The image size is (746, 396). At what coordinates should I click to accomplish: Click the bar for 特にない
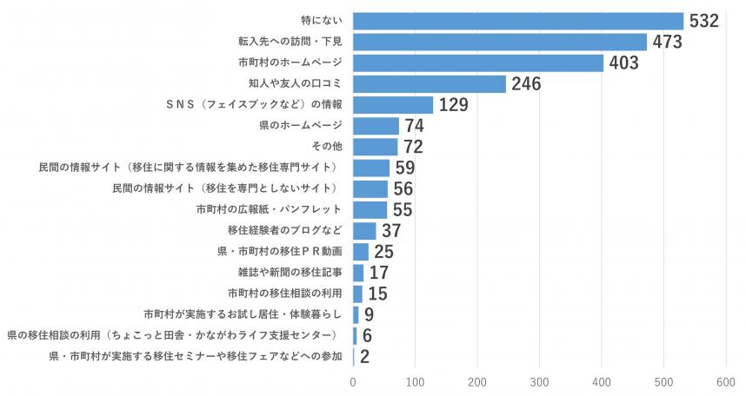(518, 21)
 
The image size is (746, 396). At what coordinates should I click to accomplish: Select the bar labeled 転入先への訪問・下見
(500, 42)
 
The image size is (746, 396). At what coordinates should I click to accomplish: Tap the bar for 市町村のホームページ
(478, 63)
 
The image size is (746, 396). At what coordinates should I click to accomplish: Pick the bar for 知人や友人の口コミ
(430, 83)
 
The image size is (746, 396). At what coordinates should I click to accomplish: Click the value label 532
(704, 21)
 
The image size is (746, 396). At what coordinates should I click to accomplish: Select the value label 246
(527, 84)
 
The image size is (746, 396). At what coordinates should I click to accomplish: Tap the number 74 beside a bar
(415, 126)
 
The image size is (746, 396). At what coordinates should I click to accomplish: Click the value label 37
(392, 231)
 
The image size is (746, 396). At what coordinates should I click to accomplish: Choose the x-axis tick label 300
(539, 381)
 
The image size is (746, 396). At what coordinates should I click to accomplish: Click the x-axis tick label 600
(726, 381)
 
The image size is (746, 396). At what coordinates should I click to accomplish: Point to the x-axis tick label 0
(353, 381)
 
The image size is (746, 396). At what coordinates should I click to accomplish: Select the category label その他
(327, 147)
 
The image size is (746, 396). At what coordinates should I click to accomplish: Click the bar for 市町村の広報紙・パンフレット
(370, 209)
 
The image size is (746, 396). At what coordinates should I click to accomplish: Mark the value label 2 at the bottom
(365, 357)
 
